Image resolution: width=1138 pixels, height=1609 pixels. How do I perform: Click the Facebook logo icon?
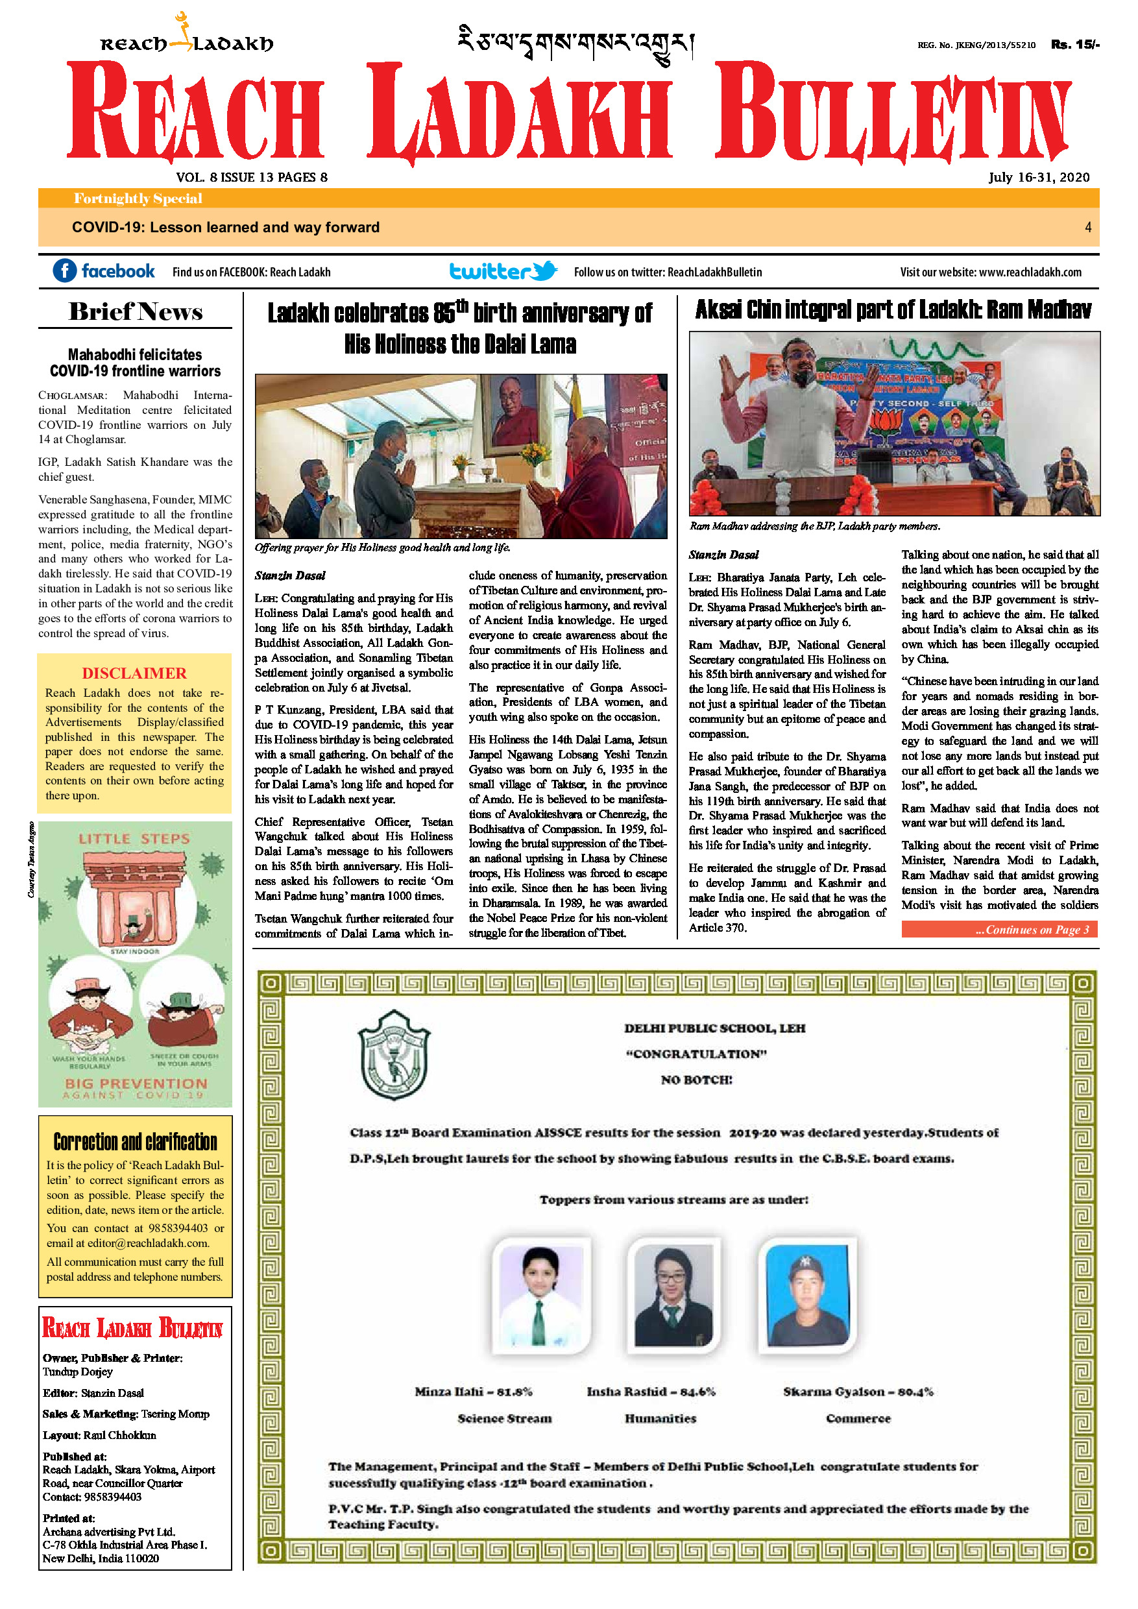pos(64,271)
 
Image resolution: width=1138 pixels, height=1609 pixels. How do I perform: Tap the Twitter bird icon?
pos(544,271)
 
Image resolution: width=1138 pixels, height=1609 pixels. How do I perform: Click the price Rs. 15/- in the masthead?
pos(1074,45)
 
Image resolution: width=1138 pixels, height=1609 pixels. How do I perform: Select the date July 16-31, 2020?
pos(1039,177)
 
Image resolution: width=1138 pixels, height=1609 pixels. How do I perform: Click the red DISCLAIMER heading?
pos(134,673)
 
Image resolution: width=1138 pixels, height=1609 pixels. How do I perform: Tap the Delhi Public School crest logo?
pos(394,1055)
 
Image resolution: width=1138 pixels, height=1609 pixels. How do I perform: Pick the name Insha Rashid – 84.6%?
pos(651,1392)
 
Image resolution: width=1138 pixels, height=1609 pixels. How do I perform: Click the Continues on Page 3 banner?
pos(999,930)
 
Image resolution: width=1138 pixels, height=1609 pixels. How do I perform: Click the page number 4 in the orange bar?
pos(1087,227)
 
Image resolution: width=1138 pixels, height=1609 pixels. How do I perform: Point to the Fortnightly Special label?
pos(138,199)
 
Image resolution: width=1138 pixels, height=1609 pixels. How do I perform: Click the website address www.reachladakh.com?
pos(1030,272)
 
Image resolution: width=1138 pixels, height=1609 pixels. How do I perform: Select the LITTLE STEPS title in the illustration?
pos(134,839)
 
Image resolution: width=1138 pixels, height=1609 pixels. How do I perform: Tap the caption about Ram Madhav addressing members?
pos(814,526)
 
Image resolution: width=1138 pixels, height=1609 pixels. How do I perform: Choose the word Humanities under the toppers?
pos(660,1418)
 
